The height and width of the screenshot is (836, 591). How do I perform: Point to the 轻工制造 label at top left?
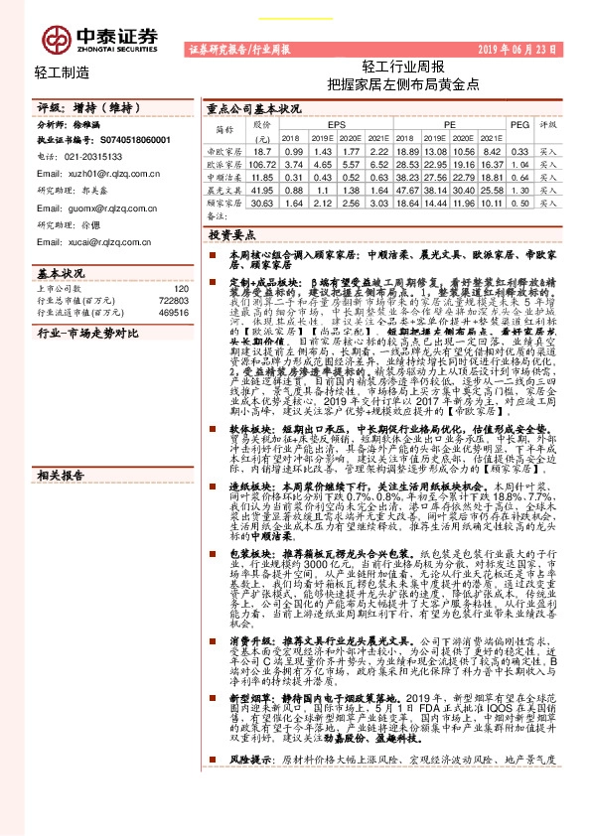point(62,72)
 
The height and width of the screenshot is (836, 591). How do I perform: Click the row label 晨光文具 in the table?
point(223,188)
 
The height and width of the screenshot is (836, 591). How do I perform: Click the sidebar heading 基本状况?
point(61,271)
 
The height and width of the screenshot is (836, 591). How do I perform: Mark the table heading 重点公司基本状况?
point(254,108)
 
